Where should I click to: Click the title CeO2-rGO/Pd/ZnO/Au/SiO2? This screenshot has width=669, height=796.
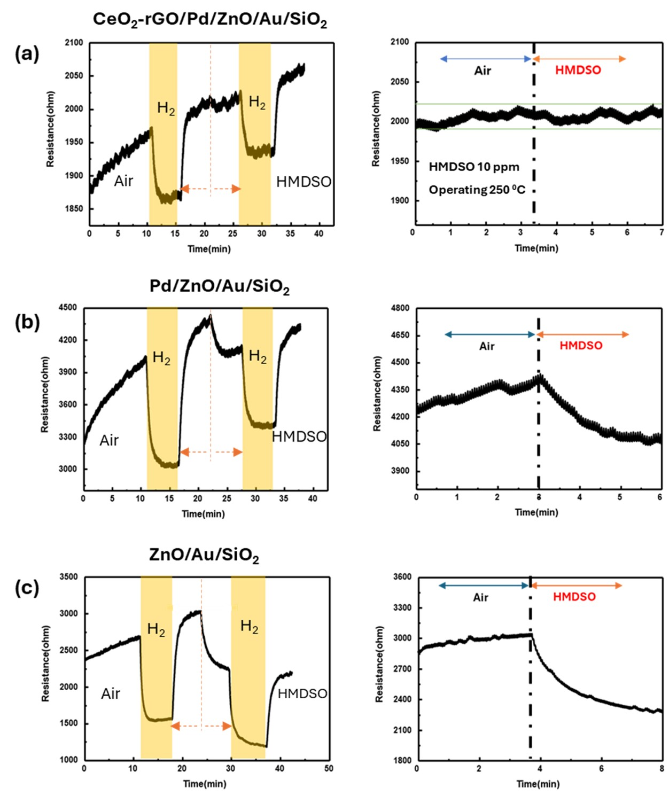coord(209,20)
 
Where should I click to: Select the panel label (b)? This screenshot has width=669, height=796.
coord(27,322)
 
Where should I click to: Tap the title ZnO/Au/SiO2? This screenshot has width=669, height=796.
coord(204,555)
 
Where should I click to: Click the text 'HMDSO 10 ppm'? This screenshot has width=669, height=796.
coord(474,167)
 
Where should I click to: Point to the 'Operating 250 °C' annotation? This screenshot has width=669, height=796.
coord(477,190)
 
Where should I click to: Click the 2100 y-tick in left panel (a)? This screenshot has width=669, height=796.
coord(74,43)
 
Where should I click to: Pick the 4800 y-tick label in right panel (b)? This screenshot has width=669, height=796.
coord(400,308)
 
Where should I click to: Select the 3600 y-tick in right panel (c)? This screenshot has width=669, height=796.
coord(402,577)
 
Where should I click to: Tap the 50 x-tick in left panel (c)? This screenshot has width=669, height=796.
coord(329,768)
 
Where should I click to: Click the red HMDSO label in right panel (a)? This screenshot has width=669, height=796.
coord(578,70)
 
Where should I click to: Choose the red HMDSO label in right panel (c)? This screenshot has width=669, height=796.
coord(574,597)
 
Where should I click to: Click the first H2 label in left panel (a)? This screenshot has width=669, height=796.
coord(166,109)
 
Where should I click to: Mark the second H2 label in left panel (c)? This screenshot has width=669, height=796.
coord(249,626)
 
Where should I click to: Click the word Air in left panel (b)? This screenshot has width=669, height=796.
coord(109,440)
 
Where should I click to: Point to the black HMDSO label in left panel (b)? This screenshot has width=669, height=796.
coord(299,437)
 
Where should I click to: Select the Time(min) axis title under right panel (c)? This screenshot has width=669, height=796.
coord(538,784)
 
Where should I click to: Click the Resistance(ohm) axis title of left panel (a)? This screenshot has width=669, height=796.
coord(50,129)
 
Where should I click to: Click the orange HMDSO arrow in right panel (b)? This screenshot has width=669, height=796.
coord(582,334)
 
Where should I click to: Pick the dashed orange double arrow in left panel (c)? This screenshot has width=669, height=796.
coord(201,726)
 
